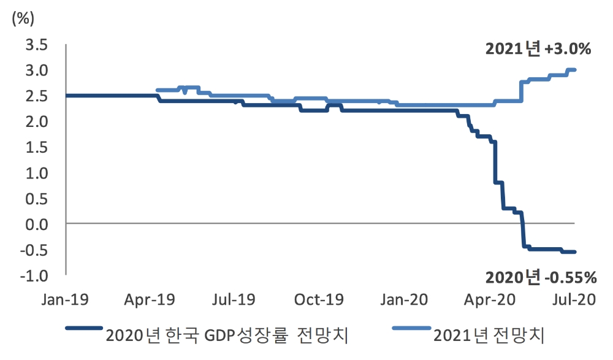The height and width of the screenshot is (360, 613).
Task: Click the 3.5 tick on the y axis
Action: coord(36,45)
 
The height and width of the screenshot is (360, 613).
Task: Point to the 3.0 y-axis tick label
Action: coord(36,71)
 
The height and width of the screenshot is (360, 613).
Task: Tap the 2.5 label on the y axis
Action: coord(36,96)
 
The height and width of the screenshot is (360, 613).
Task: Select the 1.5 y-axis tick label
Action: coord(36,147)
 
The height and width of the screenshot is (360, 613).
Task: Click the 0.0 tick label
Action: coord(36,224)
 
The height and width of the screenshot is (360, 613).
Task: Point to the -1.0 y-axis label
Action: coord(34,275)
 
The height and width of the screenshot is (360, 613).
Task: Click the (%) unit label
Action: coord(23,17)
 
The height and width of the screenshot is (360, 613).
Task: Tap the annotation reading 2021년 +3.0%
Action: coord(538,50)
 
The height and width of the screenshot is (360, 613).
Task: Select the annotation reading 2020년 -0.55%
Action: coord(541,278)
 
